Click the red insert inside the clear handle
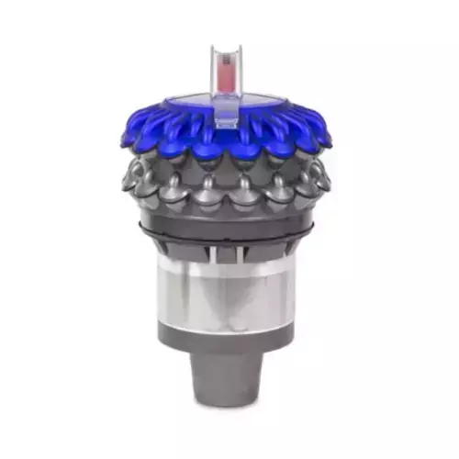click(x=228, y=73)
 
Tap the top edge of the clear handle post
click(x=228, y=45)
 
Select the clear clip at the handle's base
click(x=228, y=116)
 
